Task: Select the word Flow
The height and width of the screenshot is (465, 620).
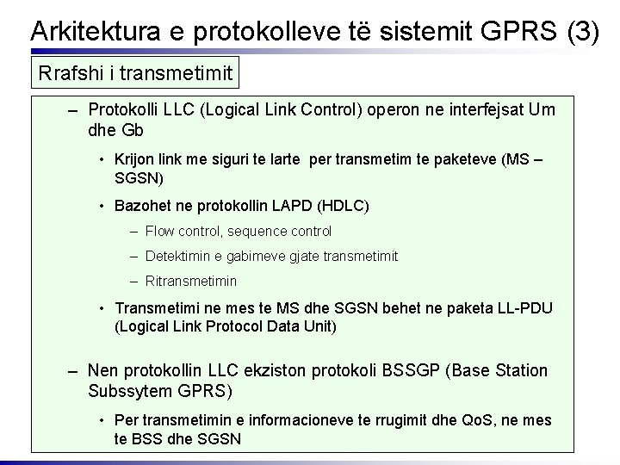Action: tap(160, 231)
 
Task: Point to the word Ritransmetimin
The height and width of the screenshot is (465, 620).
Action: tap(191, 281)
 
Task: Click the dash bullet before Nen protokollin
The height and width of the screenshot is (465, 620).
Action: tap(75, 370)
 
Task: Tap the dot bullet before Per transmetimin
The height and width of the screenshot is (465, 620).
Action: tap(102, 420)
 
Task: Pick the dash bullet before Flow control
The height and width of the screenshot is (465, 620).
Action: tap(137, 231)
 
